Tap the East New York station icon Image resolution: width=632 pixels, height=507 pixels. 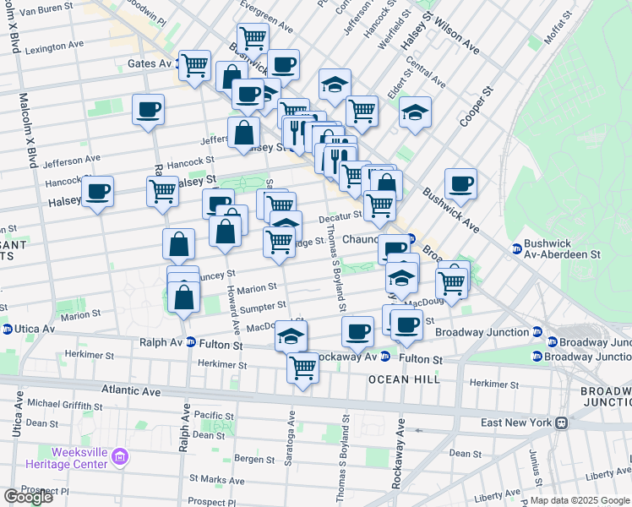561,422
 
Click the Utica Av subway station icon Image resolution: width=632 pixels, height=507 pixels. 7,329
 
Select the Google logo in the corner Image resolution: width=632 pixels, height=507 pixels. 28,497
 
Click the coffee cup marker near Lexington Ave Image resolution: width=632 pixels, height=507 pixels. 148,109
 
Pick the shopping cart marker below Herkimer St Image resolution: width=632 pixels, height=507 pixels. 302,368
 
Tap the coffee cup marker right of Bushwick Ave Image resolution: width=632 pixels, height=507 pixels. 460,183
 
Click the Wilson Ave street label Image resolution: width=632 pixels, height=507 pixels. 457,37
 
